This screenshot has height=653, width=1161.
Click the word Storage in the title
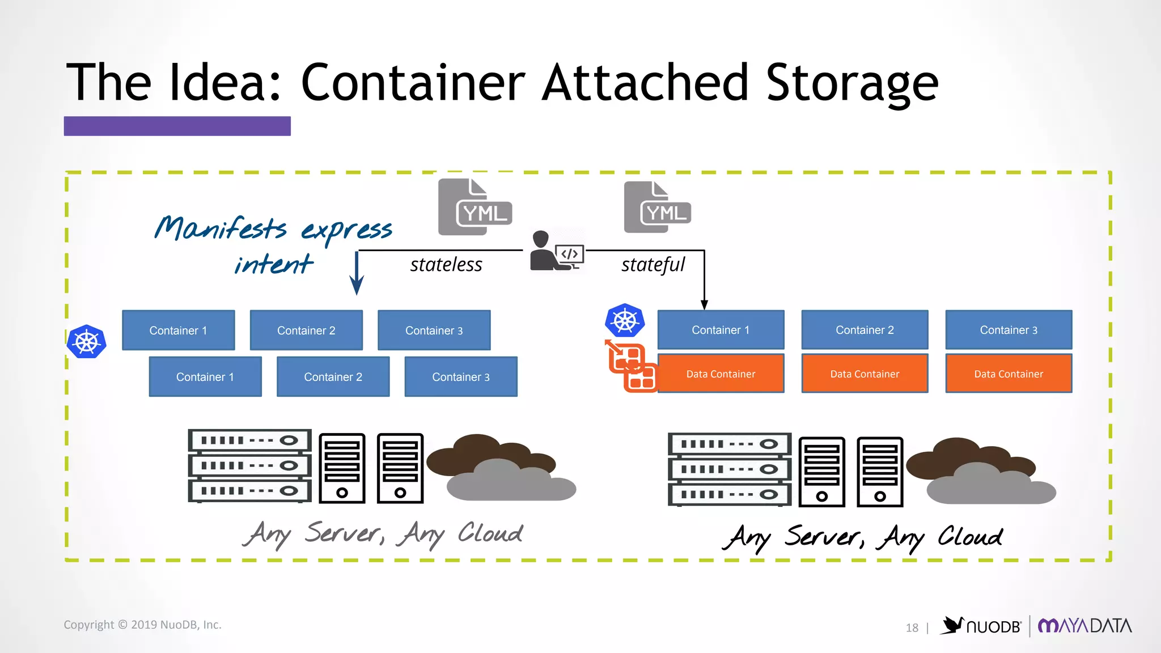point(851,84)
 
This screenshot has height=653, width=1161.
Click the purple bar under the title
point(177,126)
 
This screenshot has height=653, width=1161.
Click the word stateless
point(446,265)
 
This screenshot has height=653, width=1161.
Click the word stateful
point(653,265)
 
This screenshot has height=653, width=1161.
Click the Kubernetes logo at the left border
point(87,342)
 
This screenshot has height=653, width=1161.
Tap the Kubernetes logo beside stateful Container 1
point(625,321)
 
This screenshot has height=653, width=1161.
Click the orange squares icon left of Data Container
point(632,367)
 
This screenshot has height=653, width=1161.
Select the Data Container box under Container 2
point(865,374)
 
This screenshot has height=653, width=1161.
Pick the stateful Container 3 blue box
point(1009,330)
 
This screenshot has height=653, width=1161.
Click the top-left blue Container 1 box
point(178,330)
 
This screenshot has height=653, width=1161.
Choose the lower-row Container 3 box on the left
point(460,377)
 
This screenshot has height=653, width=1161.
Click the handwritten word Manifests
point(221,228)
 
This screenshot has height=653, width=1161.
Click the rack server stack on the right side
point(729,469)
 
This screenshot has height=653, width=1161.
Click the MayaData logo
point(1084,626)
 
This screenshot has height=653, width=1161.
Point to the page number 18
point(912,628)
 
